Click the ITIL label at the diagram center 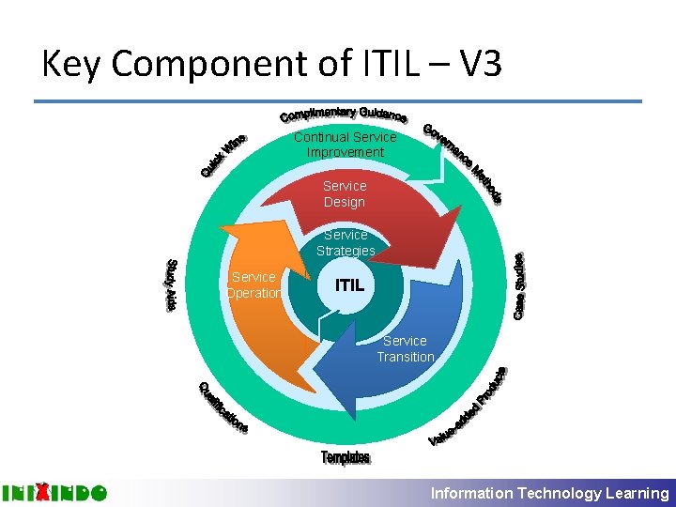tap(356, 284)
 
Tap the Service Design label tap(345, 194)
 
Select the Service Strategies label tap(346, 242)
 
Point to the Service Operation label tap(253, 285)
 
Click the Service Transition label tap(406, 348)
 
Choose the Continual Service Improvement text tap(345, 145)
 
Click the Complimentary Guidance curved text tap(343, 115)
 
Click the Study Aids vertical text tap(171, 284)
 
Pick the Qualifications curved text tap(223, 408)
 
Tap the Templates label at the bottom tap(346, 457)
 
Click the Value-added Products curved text tap(469, 406)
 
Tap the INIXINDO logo tap(54, 492)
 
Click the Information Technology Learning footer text tap(549, 493)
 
